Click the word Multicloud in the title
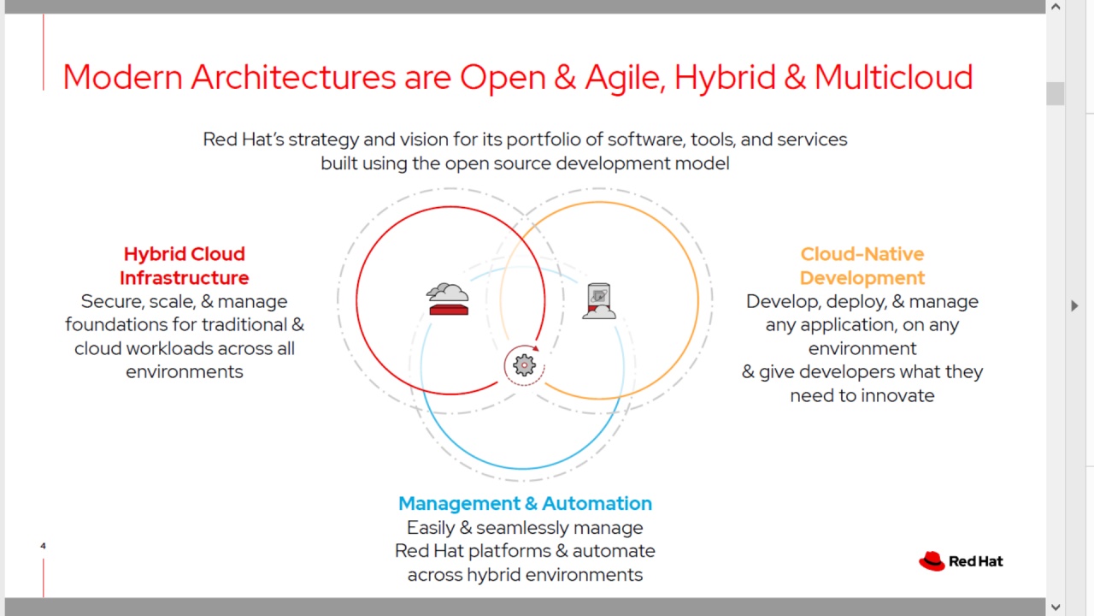(x=893, y=77)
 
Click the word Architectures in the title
(x=293, y=77)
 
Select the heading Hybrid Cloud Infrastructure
(x=184, y=265)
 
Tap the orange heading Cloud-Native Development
(x=862, y=265)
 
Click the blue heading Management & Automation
(x=525, y=503)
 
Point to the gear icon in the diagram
(x=524, y=365)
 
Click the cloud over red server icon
(x=447, y=299)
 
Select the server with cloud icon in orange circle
(x=599, y=301)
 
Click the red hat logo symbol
(x=932, y=560)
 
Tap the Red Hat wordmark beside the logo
(x=976, y=561)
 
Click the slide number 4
(x=43, y=546)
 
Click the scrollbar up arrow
(x=1056, y=6)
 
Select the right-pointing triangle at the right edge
(x=1074, y=305)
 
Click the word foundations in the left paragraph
(x=130, y=324)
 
